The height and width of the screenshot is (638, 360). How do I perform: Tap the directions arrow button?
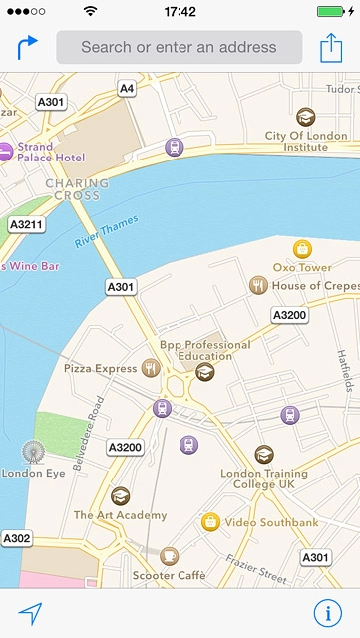27,46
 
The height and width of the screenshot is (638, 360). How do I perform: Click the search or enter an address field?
179,47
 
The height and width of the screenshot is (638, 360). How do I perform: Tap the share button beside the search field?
331,47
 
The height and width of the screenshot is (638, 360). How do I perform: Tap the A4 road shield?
126,89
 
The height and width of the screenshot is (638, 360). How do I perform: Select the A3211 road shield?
26,225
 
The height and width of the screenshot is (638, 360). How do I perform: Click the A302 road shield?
17,538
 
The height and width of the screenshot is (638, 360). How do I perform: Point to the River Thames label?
107,231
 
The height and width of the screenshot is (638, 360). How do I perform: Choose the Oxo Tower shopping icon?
302,249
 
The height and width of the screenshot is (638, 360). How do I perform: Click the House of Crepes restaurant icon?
257,286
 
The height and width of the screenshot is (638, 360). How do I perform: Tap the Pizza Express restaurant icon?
151,368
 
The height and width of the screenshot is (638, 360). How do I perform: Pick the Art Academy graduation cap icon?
120,495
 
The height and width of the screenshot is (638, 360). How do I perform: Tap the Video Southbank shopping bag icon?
210,521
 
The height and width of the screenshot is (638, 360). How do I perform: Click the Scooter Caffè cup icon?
169,555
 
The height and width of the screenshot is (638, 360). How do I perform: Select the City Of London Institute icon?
305,116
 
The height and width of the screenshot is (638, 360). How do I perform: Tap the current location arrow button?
30,614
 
